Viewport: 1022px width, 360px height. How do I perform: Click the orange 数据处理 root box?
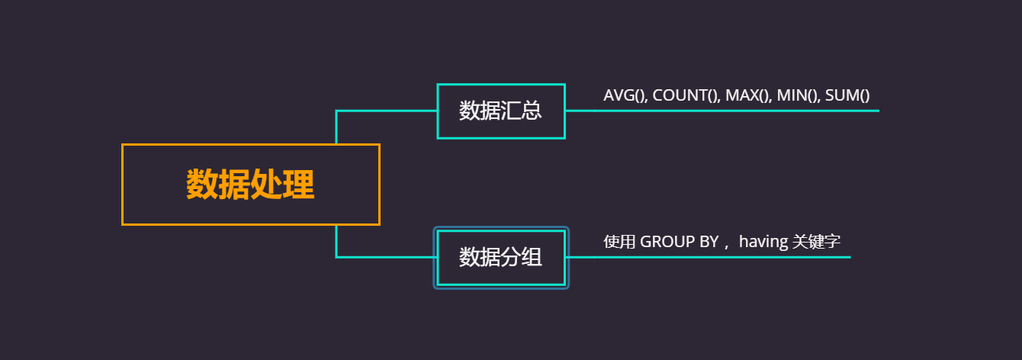pyautogui.click(x=250, y=185)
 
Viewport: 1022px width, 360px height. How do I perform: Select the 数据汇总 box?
pyautogui.click(x=500, y=111)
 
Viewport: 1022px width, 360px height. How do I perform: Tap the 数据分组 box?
pyautogui.click(x=500, y=258)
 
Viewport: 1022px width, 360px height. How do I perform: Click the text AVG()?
pyautogui.click(x=625, y=95)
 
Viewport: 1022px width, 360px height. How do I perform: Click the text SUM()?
pyautogui.click(x=847, y=95)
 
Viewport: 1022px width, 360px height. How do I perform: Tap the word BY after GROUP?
pyautogui.click(x=709, y=242)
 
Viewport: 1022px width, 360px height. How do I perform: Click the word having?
pyautogui.click(x=763, y=242)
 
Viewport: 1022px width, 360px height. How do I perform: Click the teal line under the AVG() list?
pyautogui.click(x=763, y=111)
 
